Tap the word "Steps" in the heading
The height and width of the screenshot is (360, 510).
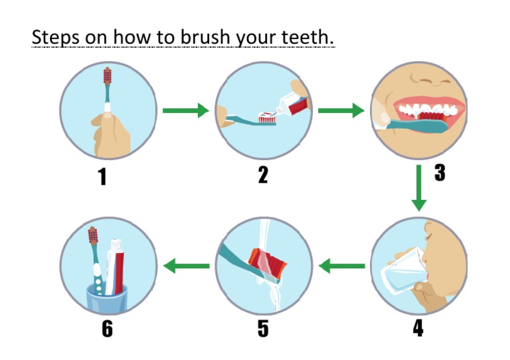coord(55,38)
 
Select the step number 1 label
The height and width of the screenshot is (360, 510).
coord(103,176)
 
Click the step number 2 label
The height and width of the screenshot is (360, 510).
coord(264,175)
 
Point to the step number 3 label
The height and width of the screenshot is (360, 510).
coord(439,173)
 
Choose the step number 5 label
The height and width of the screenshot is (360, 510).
coord(264,327)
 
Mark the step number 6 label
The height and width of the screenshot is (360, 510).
coord(108,327)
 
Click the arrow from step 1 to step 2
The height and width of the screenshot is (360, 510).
coord(185,110)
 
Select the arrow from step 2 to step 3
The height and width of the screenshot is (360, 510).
coord(341,110)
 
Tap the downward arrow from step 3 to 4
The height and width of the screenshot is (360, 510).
coord(418,188)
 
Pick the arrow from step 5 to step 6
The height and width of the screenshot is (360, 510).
coord(187,266)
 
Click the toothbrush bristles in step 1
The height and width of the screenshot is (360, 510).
coord(108,79)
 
